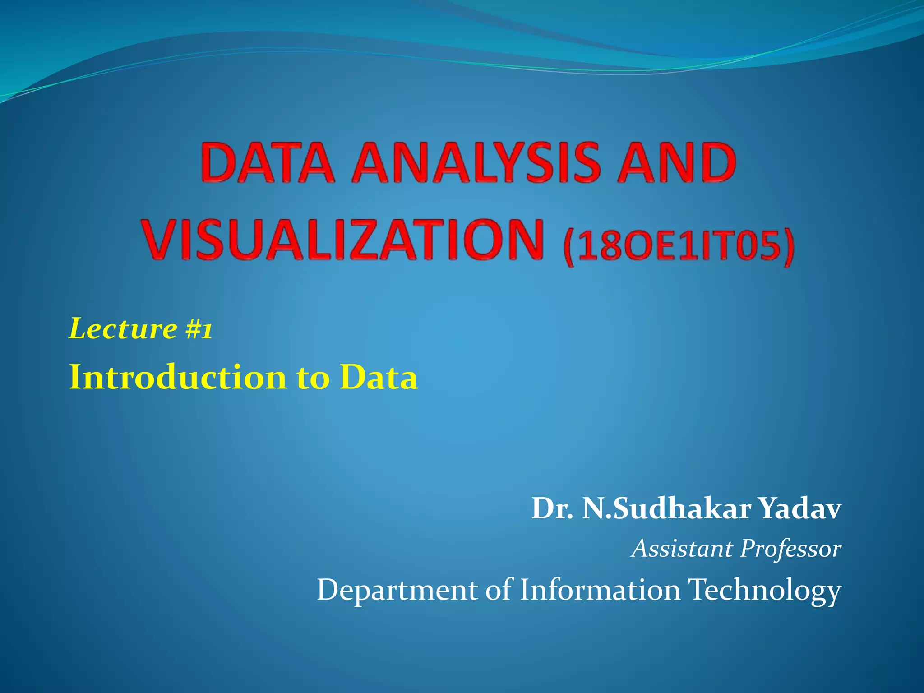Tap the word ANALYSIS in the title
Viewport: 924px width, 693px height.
pyautogui.click(x=476, y=162)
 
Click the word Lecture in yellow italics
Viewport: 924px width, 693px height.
pyautogui.click(x=123, y=328)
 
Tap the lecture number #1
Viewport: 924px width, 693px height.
pyautogui.click(x=199, y=329)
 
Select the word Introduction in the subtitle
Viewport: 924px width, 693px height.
pyautogui.click(x=178, y=377)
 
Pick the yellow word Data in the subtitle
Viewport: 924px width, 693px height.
pyautogui.click(x=379, y=377)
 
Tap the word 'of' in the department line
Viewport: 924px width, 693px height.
pyautogui.click(x=499, y=590)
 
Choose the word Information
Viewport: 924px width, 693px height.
pyautogui.click(x=600, y=590)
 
